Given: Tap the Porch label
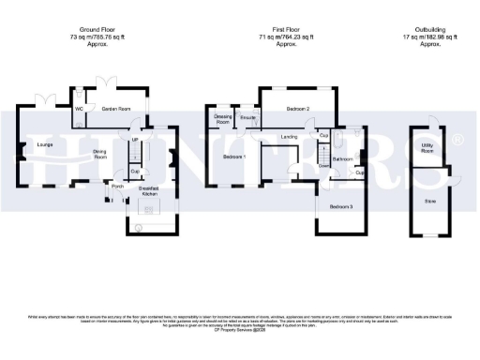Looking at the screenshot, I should coord(118,186).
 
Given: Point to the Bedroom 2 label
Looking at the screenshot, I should coord(298,109).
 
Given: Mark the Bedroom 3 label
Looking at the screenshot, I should coord(341,205).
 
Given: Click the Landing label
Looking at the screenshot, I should coord(289,137).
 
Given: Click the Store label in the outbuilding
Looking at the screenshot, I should coord(431,200).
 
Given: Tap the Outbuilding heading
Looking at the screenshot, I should coord(431,31).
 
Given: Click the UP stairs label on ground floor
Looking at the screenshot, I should coord(135,141).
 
